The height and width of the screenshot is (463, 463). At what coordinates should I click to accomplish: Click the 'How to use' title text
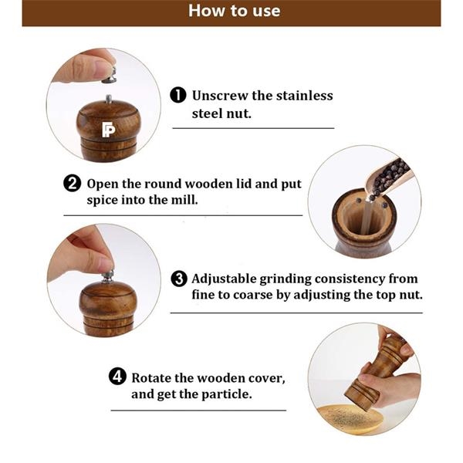tap(234, 11)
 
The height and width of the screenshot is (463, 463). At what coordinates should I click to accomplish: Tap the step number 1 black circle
tap(178, 95)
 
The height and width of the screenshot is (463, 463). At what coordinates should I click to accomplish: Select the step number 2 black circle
tap(72, 184)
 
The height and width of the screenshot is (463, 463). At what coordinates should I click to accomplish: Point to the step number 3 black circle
tap(179, 279)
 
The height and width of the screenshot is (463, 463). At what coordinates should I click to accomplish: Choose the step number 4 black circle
tap(117, 377)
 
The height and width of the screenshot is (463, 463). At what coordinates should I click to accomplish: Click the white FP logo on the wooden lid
tap(108, 130)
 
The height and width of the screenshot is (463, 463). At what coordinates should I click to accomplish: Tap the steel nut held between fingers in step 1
tap(110, 76)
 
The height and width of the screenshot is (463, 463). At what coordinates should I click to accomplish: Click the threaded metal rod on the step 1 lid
tap(109, 99)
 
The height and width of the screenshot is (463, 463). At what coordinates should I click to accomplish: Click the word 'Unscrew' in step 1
tap(219, 96)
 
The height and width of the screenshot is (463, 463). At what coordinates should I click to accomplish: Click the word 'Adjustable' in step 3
tap(224, 279)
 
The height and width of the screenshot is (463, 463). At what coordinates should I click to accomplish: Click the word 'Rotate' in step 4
tap(151, 378)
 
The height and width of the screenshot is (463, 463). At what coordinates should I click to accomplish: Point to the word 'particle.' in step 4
tap(227, 394)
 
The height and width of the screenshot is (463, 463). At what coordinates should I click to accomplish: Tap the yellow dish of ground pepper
tap(349, 420)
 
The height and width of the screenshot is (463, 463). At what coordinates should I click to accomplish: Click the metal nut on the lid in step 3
tap(108, 277)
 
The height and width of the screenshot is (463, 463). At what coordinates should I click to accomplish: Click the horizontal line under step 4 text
tap(198, 411)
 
